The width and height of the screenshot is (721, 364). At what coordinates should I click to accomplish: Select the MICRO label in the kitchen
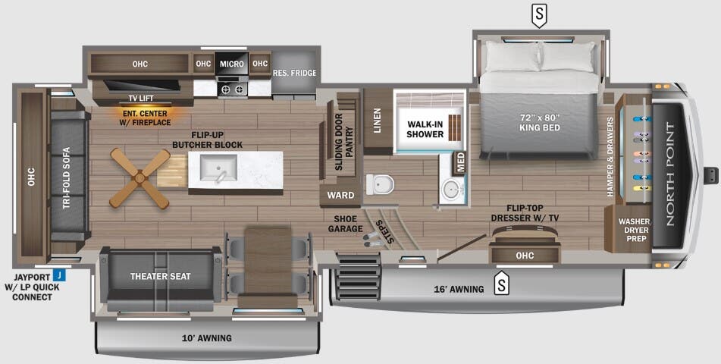(x=232, y=64)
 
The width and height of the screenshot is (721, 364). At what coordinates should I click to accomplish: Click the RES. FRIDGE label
(x=294, y=74)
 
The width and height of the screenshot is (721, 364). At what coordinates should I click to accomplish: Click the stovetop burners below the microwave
(x=232, y=89)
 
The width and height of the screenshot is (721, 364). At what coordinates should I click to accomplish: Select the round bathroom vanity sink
(x=451, y=189)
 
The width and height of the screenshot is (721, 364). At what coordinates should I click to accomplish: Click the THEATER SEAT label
(x=160, y=276)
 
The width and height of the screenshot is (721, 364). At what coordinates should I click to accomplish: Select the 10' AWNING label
(x=207, y=338)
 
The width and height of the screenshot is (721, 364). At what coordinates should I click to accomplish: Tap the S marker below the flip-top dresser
(x=501, y=284)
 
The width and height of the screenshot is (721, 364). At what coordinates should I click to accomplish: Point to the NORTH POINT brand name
(x=669, y=175)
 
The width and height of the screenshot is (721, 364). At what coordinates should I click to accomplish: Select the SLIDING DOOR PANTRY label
(x=344, y=135)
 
